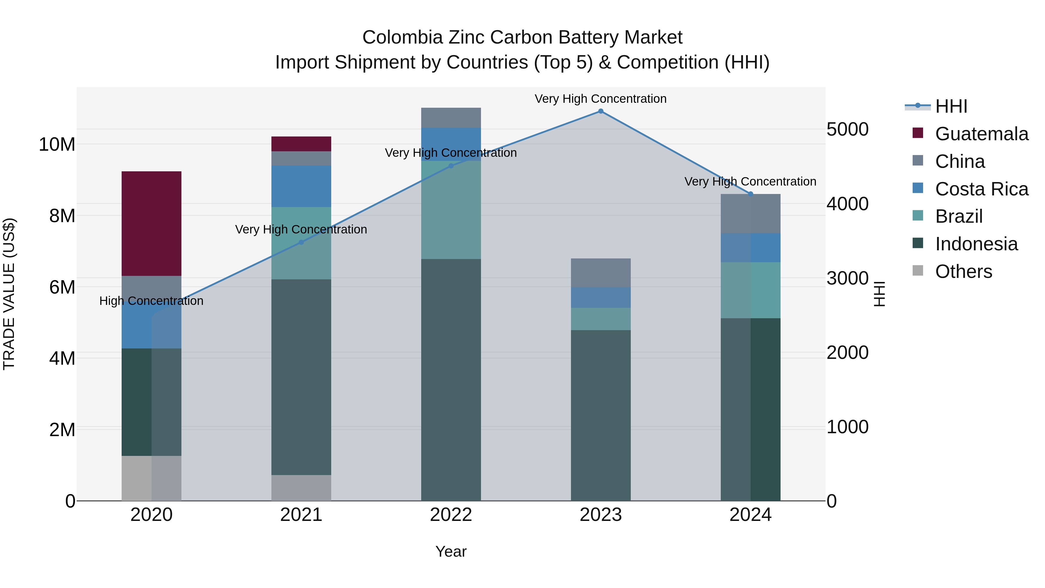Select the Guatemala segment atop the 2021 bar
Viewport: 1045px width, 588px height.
(x=301, y=144)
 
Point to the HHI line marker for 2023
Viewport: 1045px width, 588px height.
(x=600, y=111)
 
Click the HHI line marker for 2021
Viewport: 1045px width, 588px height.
(x=301, y=242)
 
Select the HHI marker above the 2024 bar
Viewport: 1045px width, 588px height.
(x=750, y=194)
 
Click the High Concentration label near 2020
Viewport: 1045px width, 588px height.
(x=151, y=301)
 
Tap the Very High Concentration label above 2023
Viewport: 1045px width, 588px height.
(x=600, y=99)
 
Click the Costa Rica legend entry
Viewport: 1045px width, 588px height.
(x=981, y=189)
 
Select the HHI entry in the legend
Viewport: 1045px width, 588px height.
(x=951, y=106)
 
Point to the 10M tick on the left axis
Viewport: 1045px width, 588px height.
(x=57, y=145)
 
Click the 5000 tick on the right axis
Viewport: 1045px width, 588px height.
(x=847, y=130)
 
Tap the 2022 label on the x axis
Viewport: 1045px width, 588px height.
(x=451, y=515)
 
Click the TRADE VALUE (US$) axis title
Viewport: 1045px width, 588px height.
(x=9, y=294)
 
